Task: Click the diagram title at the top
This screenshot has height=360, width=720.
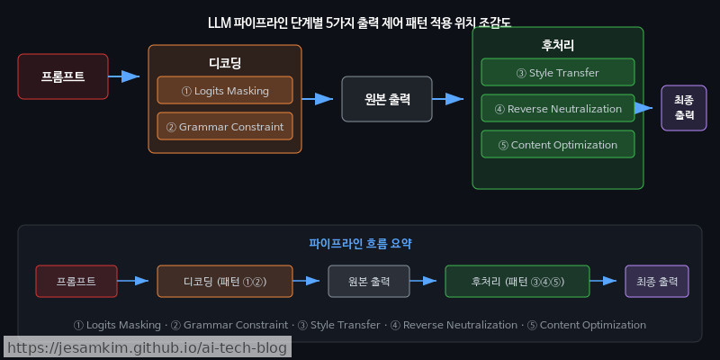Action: [x=360, y=22]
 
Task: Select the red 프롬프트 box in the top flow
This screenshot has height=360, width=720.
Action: [x=63, y=76]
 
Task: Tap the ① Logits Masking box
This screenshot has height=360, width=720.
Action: [x=225, y=90]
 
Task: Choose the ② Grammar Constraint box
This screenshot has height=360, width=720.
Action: [x=225, y=126]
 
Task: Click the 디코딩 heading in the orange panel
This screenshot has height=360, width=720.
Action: [x=225, y=62]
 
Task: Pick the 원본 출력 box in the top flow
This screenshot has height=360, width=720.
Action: [x=387, y=99]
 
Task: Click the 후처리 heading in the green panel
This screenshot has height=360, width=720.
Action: [x=558, y=44]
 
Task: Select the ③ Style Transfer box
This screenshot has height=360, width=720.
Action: [x=558, y=72]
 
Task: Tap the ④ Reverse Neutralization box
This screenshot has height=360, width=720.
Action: [x=558, y=108]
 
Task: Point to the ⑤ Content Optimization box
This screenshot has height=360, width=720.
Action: [x=558, y=144]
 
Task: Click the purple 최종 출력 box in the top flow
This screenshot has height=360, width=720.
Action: [x=684, y=108]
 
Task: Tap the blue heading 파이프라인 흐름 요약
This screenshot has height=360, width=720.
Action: [x=360, y=243]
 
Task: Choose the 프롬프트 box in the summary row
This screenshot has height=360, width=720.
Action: [x=76, y=281]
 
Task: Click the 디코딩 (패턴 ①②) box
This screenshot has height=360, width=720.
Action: [x=225, y=281]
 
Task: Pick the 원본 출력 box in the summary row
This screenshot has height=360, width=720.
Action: [x=369, y=281]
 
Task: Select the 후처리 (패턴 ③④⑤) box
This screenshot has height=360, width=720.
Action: [x=517, y=281]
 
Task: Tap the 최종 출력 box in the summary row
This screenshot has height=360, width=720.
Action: [x=657, y=281]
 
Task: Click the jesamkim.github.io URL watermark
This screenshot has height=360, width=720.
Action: [x=146, y=347]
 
